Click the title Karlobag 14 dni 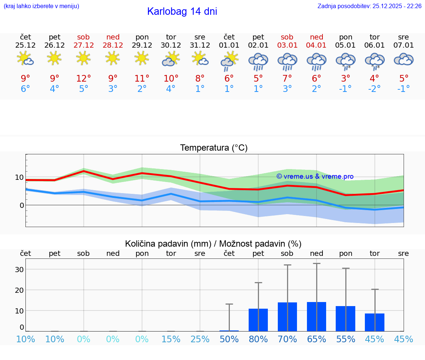pyautogui.click(x=182, y=11)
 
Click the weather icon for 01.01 pyautogui.click(x=229, y=61)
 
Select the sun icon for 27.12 pyautogui.click(x=83, y=58)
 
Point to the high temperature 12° pyautogui.click(x=83, y=79)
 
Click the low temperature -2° pyautogui.click(x=374, y=89)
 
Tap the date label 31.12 pyautogui.click(x=200, y=45)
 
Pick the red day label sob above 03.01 pyautogui.click(x=287, y=37)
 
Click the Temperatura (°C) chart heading pyautogui.click(x=214, y=148)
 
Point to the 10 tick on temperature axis pyautogui.click(x=19, y=177)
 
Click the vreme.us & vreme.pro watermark pyautogui.click(x=315, y=176)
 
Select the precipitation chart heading pyautogui.click(x=213, y=244)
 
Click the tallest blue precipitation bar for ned pyautogui.click(x=317, y=316)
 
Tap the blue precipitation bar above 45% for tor pyautogui.click(x=374, y=322)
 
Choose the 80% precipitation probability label pyautogui.click(x=258, y=339)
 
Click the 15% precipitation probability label pyautogui.click(x=171, y=339)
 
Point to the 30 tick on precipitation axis pyautogui.click(x=19, y=270)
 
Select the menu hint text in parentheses pyautogui.click(x=41, y=6)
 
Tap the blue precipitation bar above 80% pyautogui.click(x=258, y=320)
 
